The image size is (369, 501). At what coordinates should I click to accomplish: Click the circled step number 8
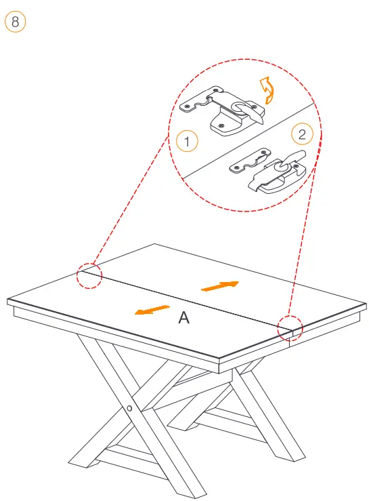(x=15, y=22)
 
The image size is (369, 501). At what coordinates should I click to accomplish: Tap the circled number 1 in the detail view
(x=187, y=141)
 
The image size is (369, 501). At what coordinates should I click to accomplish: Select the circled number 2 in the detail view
(x=302, y=134)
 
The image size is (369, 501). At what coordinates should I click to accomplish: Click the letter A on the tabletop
(x=184, y=317)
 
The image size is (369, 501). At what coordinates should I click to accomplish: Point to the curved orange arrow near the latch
(x=267, y=90)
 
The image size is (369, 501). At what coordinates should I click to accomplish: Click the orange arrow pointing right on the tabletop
(x=220, y=286)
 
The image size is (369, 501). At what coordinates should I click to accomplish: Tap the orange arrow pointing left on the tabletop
(x=152, y=310)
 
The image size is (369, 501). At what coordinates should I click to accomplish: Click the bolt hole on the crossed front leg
(x=129, y=408)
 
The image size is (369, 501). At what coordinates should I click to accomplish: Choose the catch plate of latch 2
(x=251, y=161)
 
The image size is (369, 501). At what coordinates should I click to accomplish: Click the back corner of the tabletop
(x=155, y=244)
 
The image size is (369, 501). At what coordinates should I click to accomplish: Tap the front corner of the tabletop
(x=219, y=357)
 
